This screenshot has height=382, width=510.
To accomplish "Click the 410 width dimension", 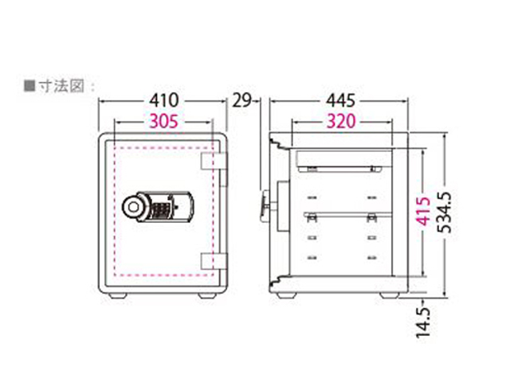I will point(164,101).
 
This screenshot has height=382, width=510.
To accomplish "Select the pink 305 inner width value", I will point(163,123).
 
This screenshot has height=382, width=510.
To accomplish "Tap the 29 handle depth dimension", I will point(242,101).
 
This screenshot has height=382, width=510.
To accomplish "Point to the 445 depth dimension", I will point(339,101).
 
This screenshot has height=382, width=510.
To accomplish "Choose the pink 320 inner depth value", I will point(339,123).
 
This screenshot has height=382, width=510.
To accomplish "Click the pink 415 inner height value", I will point(425,212).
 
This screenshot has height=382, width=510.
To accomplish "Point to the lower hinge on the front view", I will point(208,259).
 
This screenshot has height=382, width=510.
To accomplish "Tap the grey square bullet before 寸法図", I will point(29,83).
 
